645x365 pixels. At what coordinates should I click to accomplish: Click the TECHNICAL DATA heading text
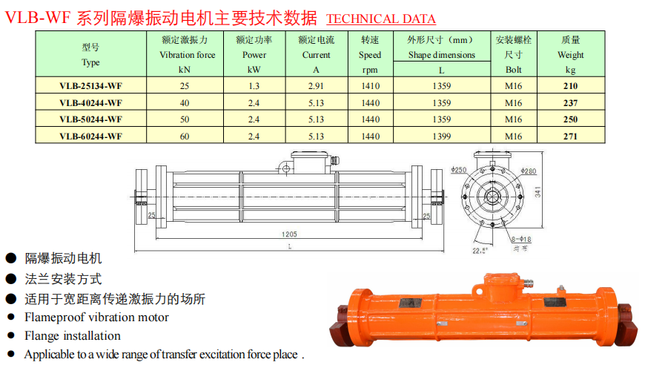click(381, 19)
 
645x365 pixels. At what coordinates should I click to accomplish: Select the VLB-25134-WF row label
click(91, 86)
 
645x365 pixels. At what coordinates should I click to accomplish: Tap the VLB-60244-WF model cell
click(91, 137)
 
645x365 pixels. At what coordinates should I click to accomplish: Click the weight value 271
click(571, 137)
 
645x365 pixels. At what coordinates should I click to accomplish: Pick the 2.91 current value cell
click(316, 86)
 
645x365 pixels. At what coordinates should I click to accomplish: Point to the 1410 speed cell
click(370, 86)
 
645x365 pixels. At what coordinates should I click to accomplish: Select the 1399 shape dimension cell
click(441, 137)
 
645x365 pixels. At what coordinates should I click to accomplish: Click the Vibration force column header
click(187, 55)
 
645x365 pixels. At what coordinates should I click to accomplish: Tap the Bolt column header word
click(513, 70)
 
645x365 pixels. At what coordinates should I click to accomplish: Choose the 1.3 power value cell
click(254, 86)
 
